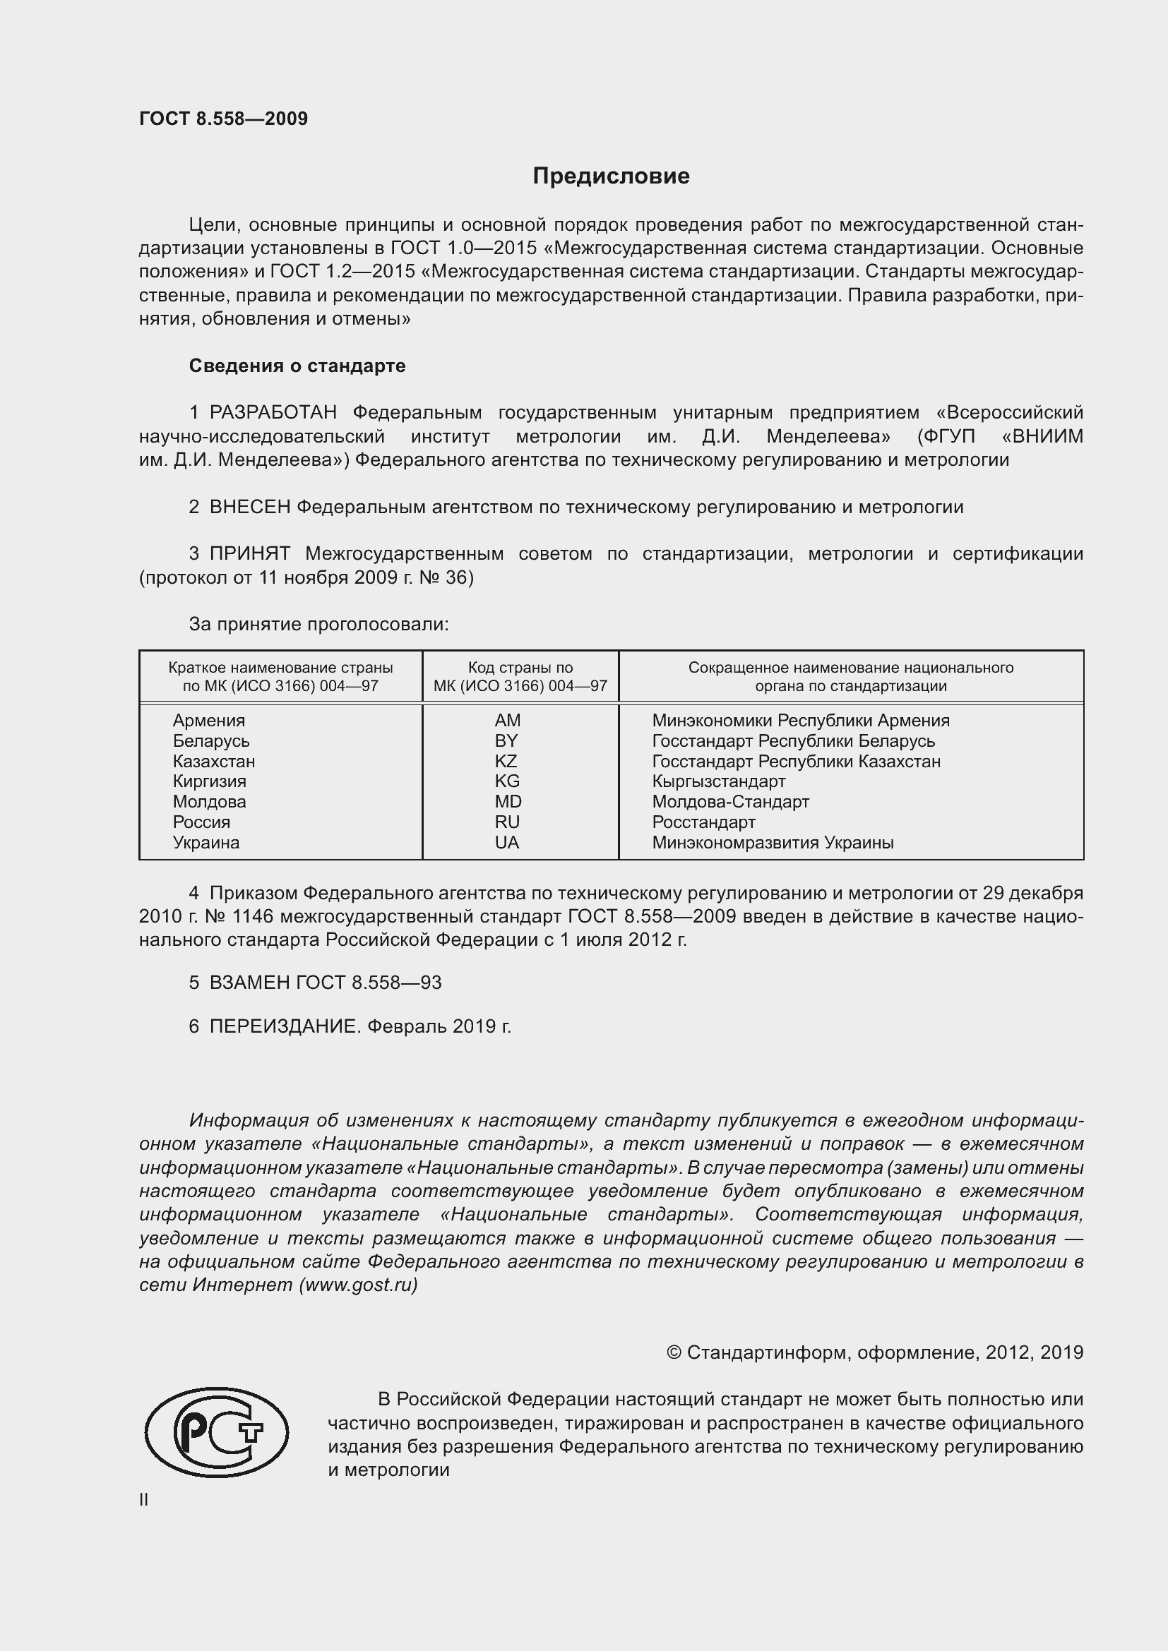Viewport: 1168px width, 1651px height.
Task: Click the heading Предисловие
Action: tap(611, 176)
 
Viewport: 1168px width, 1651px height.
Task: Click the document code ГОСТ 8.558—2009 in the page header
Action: tap(223, 119)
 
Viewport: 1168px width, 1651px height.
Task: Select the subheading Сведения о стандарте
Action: tap(297, 366)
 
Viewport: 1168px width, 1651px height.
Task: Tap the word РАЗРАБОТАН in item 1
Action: tap(273, 413)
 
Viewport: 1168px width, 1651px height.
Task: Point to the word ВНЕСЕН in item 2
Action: tap(249, 507)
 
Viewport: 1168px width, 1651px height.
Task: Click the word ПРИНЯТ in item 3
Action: tap(249, 553)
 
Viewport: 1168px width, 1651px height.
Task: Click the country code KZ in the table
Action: tap(506, 761)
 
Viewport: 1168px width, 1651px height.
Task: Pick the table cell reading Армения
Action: tap(208, 721)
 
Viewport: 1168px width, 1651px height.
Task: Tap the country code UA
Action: tap(506, 842)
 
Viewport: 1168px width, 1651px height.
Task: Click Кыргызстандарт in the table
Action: tap(718, 781)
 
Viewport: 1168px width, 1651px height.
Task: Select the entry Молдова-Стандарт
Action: tap(730, 801)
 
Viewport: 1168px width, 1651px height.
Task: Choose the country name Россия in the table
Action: tap(201, 822)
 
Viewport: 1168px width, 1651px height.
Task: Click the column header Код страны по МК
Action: tap(520, 667)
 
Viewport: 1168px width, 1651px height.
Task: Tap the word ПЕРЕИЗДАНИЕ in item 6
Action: tap(284, 1026)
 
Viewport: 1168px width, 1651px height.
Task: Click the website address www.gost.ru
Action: tap(357, 1285)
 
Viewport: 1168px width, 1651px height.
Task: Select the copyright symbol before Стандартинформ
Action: tap(673, 1352)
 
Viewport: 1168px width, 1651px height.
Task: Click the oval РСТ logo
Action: tap(216, 1431)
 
